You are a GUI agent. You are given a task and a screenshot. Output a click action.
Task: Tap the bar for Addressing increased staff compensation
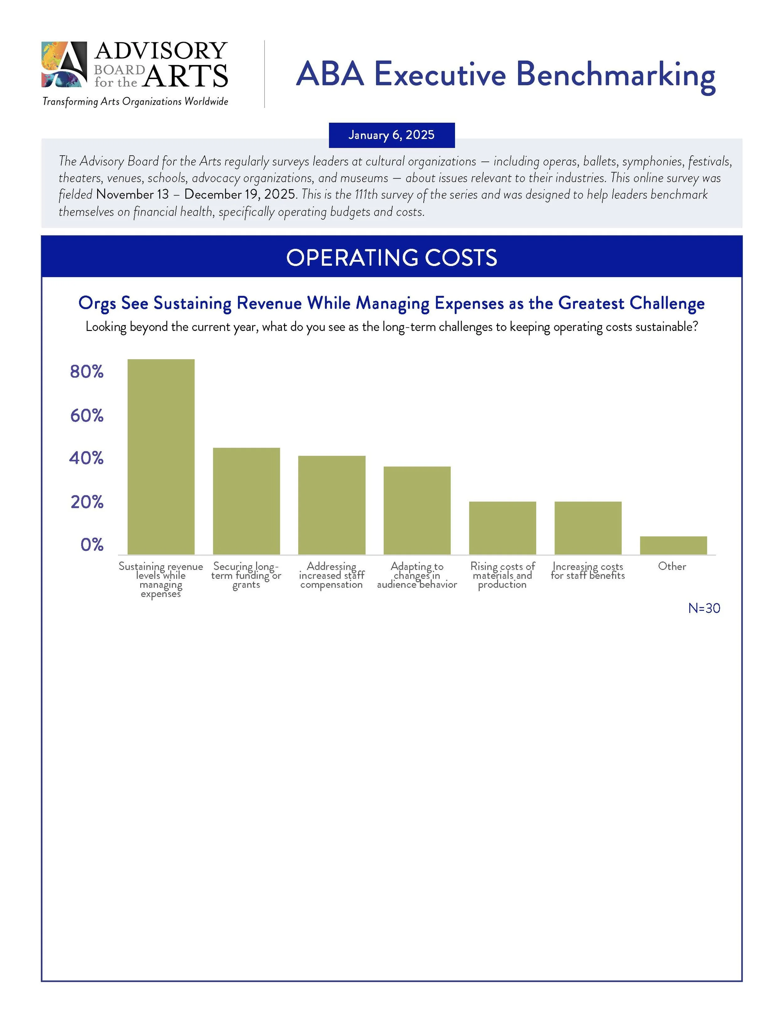pos(332,505)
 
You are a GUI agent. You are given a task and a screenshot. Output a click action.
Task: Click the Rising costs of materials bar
pos(503,528)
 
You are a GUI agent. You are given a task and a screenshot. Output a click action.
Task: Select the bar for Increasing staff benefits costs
pos(588,528)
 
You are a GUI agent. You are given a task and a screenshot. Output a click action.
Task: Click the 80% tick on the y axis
pos(87,372)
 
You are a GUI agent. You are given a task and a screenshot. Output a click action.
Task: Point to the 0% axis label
pos(92,545)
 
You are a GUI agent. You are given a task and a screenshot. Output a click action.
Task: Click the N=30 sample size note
pos(704,608)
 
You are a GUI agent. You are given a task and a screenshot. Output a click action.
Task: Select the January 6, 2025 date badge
pos(392,135)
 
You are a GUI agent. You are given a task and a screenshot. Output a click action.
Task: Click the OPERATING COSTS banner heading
pos(392,257)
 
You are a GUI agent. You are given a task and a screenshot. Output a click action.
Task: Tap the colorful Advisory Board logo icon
pos(64,64)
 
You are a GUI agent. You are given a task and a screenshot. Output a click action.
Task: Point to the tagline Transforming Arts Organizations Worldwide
pos(135,101)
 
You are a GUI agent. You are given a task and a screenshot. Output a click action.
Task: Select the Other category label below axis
pos(672,566)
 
